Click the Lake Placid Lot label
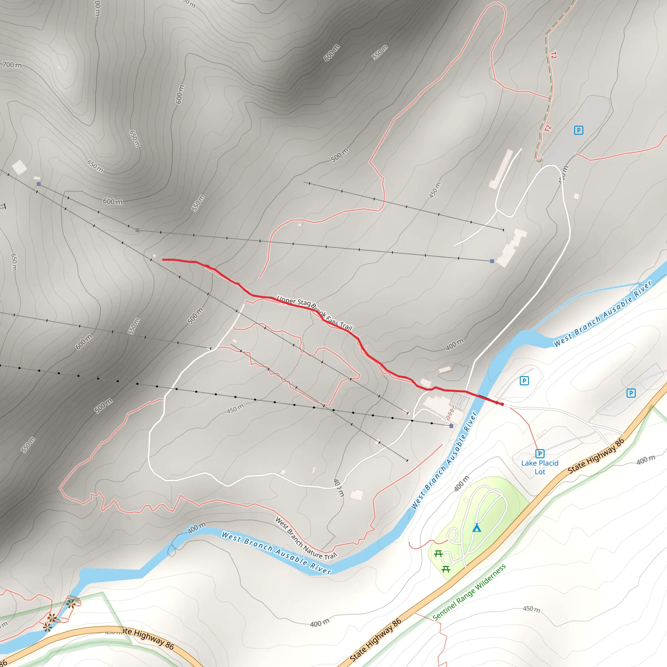540,467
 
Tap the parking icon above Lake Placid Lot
540,453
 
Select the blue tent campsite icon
476,528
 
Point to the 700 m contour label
12,65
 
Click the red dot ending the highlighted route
502,404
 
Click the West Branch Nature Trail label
306,538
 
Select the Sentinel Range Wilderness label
469,592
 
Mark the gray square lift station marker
137,230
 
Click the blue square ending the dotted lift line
451,426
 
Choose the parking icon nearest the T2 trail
579,130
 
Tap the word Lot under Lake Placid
540,472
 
